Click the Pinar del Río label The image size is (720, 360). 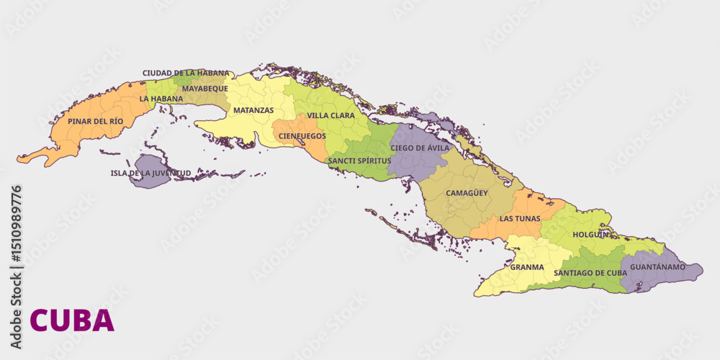[96, 121]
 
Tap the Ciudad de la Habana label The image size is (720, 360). [186, 73]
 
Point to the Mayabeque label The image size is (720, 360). [204, 89]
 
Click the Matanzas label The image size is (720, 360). [253, 110]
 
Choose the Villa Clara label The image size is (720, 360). [330, 115]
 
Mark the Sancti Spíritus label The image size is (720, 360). [359, 161]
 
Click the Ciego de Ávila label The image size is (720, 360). [420, 148]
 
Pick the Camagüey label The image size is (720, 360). [467, 193]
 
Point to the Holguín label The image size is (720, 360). [591, 235]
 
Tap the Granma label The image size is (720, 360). [527, 267]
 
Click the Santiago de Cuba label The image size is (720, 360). [590, 273]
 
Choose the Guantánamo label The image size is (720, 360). [657, 267]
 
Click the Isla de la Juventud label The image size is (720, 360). [150, 173]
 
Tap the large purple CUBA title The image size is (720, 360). [72, 320]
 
